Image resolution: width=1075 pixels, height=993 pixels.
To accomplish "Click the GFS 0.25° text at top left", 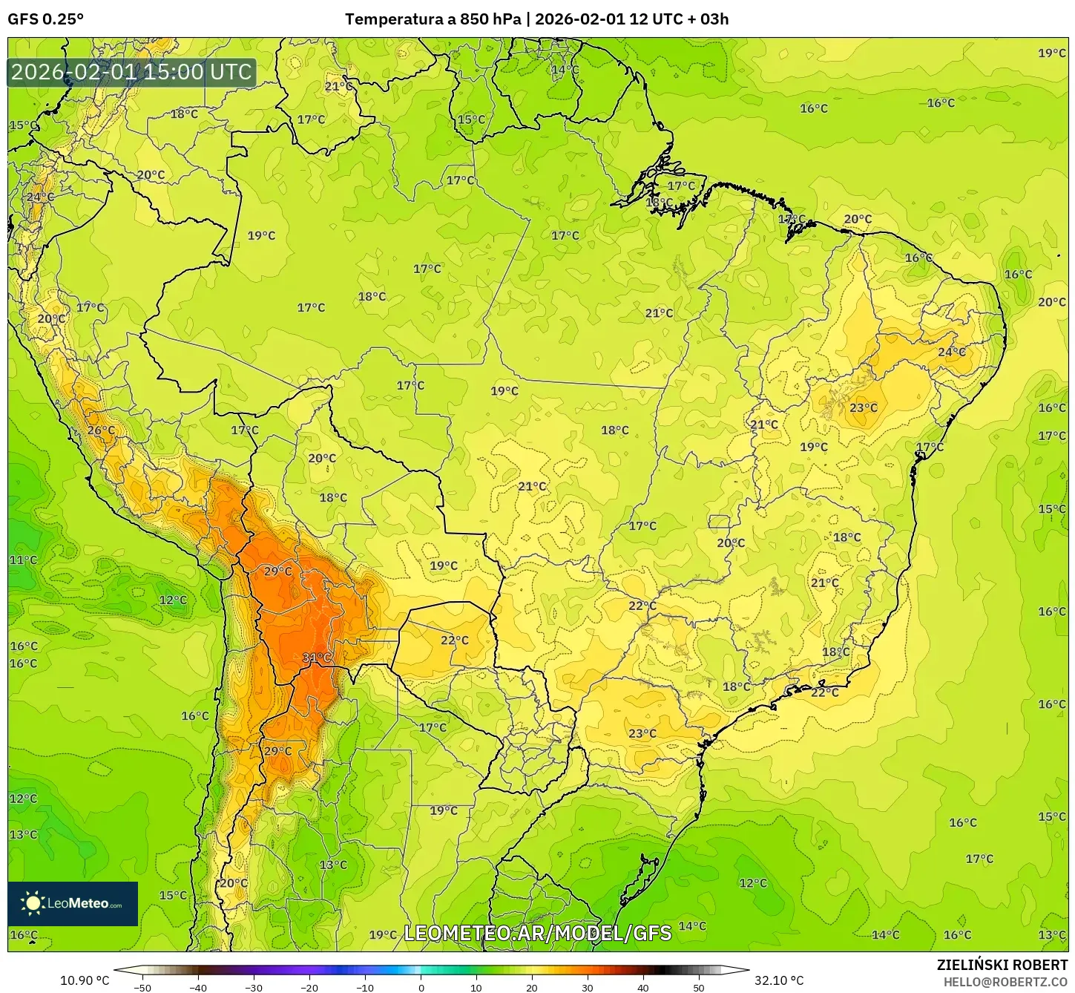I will pos(45,19).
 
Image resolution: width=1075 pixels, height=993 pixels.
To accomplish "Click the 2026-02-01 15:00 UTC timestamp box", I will pos(131,72).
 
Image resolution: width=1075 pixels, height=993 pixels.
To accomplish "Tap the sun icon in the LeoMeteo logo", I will pos(33,903).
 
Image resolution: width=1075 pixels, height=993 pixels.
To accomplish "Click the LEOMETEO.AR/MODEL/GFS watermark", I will pos(537,933).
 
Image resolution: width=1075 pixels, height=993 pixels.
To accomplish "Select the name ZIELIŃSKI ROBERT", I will pos(1002,965).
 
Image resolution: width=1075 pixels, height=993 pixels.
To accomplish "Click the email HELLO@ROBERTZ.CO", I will pos(1005,982).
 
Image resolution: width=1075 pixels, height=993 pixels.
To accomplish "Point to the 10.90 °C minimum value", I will pos(84,980).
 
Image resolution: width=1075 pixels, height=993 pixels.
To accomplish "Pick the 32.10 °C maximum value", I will pos(779,980).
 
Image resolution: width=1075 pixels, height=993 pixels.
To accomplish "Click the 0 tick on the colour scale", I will pos(421,988).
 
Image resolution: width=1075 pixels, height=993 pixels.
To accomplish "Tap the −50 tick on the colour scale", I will pos(142,988).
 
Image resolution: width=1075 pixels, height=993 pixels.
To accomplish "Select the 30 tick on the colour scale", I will pos(588,988).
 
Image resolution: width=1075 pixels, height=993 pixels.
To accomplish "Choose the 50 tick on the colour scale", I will pos(699,988).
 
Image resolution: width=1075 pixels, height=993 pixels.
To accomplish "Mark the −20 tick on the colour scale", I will pos(309,988).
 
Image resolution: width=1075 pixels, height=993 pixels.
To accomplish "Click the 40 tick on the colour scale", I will pos(643,988).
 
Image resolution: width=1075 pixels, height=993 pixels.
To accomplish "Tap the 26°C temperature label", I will pos(101,430).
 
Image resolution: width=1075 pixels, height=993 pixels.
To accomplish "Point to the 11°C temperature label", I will pos(23,560).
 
